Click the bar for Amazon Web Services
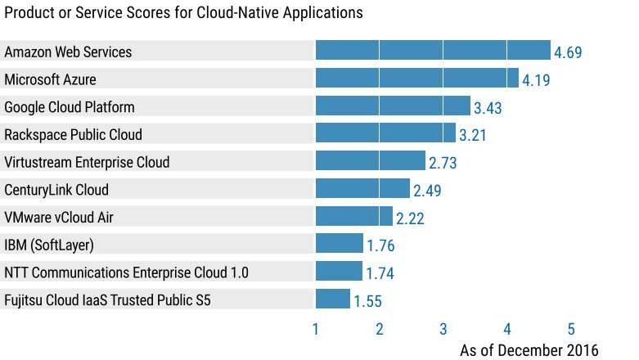pyautogui.click(x=433, y=51)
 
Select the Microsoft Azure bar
pyautogui.click(x=417, y=79)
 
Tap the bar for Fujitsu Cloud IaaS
pyautogui.click(x=333, y=299)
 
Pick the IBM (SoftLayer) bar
pyautogui.click(x=340, y=244)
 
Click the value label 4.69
pyautogui.click(x=568, y=52)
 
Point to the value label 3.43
pyautogui.click(x=488, y=108)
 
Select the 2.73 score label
pyautogui.click(x=443, y=163)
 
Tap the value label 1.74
pyautogui.click(x=380, y=273)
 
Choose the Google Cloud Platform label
pyautogui.click(x=70, y=107)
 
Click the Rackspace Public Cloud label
pyautogui.click(x=73, y=134)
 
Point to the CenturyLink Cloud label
pyautogui.click(x=56, y=190)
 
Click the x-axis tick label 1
pyautogui.click(x=316, y=330)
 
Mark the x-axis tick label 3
pyautogui.click(x=443, y=330)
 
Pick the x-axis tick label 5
pyautogui.click(x=571, y=330)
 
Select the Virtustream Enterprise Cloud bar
pyautogui.click(x=371, y=161)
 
